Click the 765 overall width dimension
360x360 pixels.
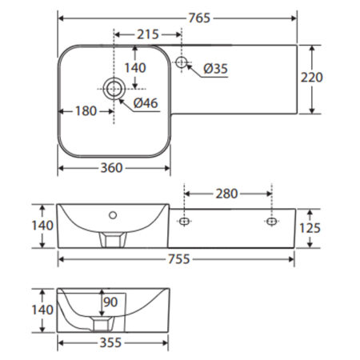click(199, 18)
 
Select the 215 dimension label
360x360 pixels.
click(148, 34)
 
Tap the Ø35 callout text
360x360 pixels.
click(215, 69)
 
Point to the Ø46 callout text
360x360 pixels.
click(146, 103)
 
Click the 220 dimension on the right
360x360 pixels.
click(312, 78)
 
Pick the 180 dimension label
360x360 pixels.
click(86, 111)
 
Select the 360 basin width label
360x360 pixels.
click(111, 168)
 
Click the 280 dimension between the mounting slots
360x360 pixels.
click(226, 194)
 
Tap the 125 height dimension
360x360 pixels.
click(310, 228)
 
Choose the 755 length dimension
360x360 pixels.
click(178, 259)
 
